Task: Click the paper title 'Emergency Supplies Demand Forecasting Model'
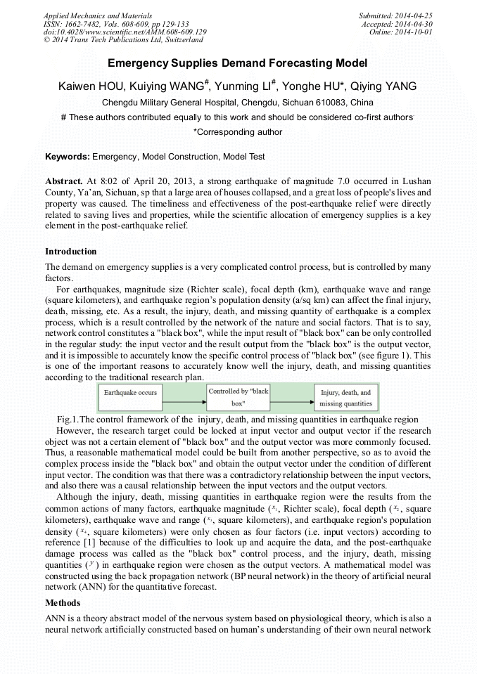(238, 63)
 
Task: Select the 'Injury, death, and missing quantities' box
(345, 398)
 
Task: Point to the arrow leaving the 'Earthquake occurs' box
(184, 397)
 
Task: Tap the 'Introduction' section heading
(70, 252)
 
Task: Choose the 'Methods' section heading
(63, 604)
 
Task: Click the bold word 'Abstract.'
(64, 181)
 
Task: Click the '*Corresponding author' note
(238, 132)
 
